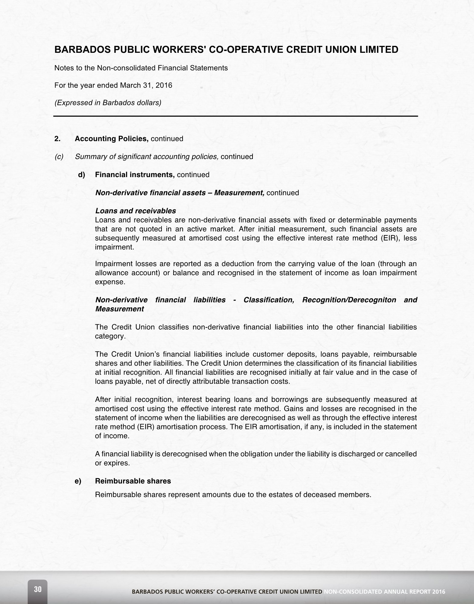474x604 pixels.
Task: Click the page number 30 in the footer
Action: (38, 589)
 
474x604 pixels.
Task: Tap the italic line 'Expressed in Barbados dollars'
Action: (108, 103)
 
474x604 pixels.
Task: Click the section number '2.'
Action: (58, 139)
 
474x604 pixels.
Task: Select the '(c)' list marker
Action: (59, 157)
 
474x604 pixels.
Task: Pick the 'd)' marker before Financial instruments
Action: (82, 175)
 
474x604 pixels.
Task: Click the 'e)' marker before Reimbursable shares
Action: (78, 481)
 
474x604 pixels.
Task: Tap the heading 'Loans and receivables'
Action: (136, 211)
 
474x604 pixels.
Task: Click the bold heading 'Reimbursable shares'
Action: (133, 481)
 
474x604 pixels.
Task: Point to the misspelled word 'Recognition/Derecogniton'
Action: (349, 300)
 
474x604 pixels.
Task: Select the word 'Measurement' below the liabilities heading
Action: (120, 309)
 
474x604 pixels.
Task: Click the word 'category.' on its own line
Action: (110, 336)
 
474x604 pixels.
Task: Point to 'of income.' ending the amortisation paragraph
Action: (112, 436)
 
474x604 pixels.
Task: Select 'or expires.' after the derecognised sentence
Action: (112, 463)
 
